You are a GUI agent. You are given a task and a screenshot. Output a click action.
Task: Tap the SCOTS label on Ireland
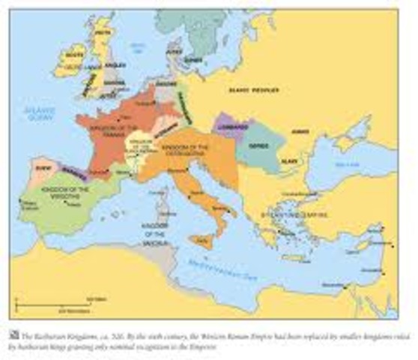[x=75, y=55]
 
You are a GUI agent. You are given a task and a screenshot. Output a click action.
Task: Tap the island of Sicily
[x=202, y=240]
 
